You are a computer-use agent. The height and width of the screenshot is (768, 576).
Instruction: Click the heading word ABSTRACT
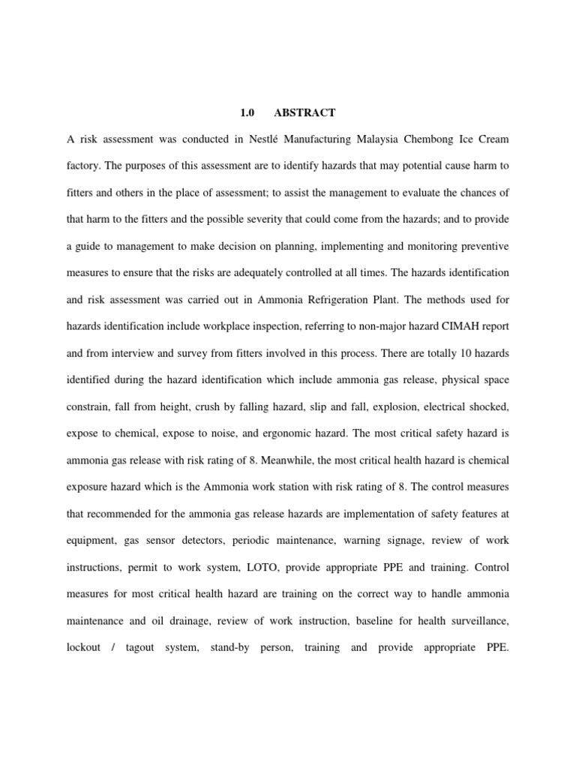(x=304, y=113)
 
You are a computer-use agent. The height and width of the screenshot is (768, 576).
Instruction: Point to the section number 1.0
(x=247, y=113)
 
